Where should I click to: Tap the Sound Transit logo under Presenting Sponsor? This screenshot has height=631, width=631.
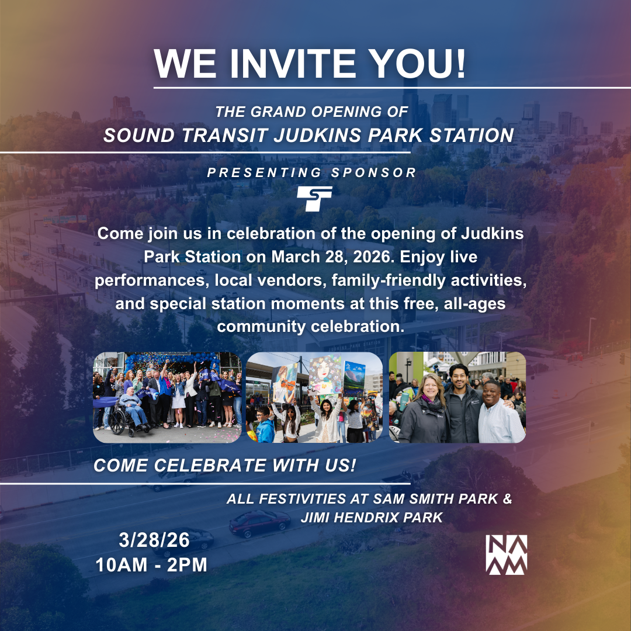(314, 199)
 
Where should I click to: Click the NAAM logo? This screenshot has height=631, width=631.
(506, 554)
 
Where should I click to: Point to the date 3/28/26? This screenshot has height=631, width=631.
(154, 540)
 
